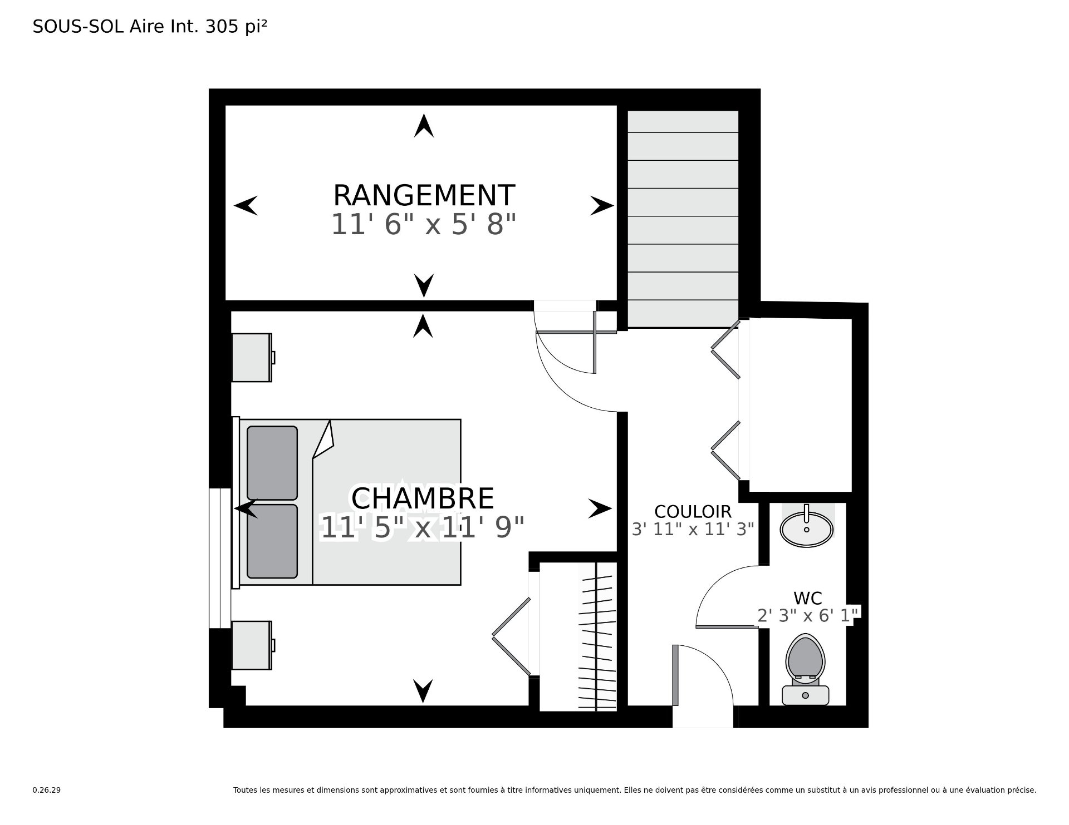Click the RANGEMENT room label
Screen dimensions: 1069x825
point(424,195)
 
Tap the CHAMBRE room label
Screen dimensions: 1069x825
point(423,498)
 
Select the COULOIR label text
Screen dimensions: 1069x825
point(693,511)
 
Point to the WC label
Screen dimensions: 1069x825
point(808,598)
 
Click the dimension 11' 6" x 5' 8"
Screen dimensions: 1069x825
point(424,225)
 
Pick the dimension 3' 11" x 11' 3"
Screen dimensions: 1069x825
point(693,528)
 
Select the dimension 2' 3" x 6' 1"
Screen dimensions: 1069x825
point(809,615)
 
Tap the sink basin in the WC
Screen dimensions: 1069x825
point(807,528)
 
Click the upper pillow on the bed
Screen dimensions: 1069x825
point(272,463)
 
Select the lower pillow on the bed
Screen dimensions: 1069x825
point(272,541)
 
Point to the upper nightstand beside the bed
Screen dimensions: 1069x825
point(253,357)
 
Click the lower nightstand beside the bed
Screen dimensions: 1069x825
point(253,645)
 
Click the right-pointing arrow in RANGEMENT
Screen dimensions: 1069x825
point(602,206)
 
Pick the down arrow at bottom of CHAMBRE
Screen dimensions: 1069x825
point(423,691)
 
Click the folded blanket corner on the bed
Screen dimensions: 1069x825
point(323,439)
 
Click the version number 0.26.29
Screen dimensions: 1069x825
point(47,790)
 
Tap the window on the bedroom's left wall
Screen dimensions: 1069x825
point(220,558)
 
